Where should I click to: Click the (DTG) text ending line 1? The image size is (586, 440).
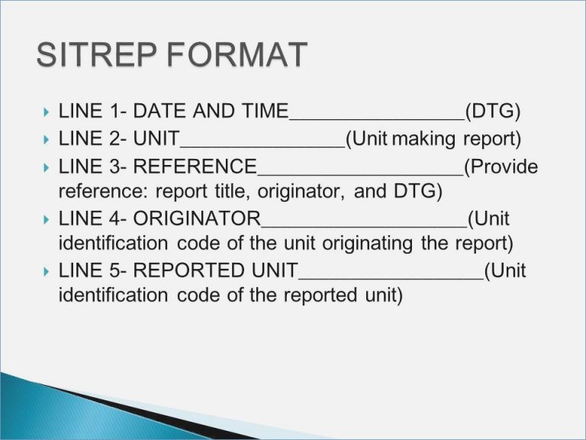coord(493,112)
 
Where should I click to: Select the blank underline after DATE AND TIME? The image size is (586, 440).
coord(377,119)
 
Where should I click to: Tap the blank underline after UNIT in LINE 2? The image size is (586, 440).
coord(262,146)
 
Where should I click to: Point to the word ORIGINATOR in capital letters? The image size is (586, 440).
coord(197,218)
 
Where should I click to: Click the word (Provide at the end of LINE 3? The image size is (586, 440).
coord(501,166)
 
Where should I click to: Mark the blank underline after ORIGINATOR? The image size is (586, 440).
coord(364,226)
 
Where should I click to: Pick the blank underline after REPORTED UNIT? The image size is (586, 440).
coord(391,278)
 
